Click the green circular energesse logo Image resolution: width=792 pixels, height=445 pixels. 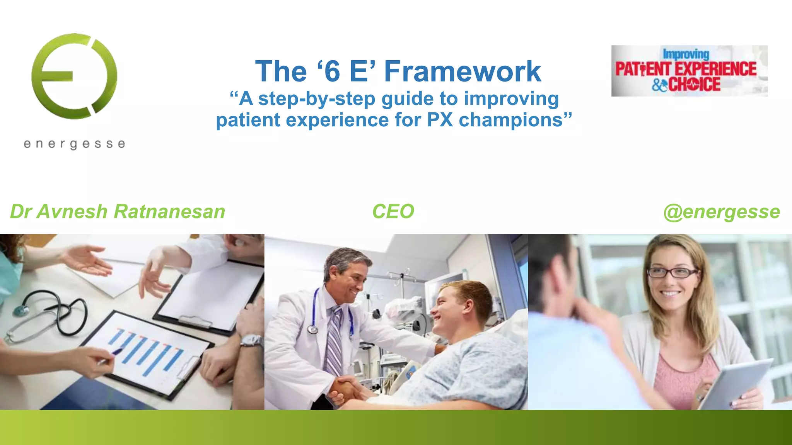pyautogui.click(x=74, y=76)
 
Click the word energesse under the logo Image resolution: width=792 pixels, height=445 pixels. pyautogui.click(x=74, y=144)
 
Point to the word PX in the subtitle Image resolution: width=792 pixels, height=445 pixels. pyautogui.click(x=440, y=120)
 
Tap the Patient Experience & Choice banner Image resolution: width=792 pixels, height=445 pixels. pyautogui.click(x=689, y=71)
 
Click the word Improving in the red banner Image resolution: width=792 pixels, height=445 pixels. pyautogui.click(x=686, y=54)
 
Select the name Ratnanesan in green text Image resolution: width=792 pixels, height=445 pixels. pyautogui.click(x=169, y=212)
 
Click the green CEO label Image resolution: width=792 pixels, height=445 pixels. pyautogui.click(x=393, y=212)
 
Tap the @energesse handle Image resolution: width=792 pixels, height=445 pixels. pyautogui.click(x=722, y=212)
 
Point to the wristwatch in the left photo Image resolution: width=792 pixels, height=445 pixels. pyautogui.click(x=251, y=340)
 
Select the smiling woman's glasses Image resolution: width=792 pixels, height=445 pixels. pyautogui.click(x=673, y=272)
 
